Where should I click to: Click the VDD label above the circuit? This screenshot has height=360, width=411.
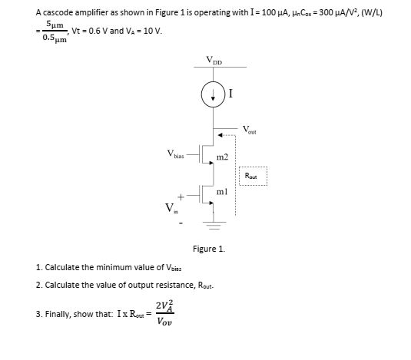212,61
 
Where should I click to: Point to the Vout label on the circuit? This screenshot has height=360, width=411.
251,128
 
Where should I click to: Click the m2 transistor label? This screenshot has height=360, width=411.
222,157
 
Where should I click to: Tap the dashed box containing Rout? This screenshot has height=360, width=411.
250,175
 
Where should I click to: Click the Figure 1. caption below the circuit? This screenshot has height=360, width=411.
207,249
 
